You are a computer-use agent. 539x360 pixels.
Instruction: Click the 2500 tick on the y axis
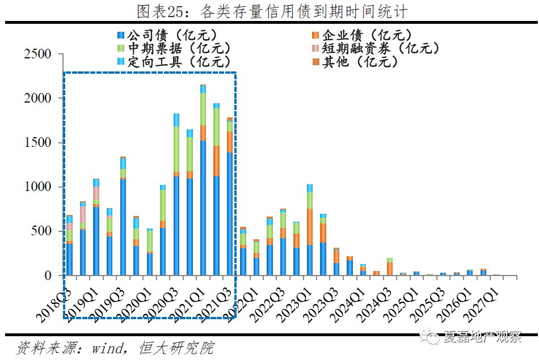38,54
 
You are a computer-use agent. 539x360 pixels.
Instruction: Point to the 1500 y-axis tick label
38,143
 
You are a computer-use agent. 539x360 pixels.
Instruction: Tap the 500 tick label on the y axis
42,231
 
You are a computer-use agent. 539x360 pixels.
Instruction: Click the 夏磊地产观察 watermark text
483,338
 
